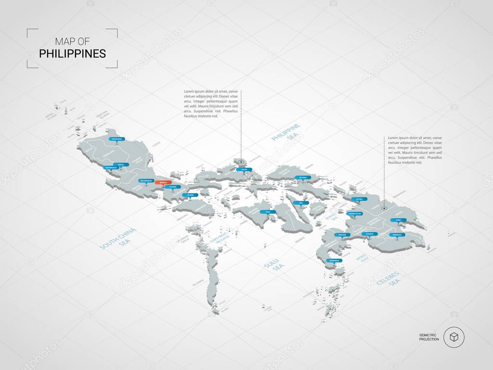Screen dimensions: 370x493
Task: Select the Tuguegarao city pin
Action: pos(117,139)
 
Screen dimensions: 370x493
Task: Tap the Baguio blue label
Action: pos(114,164)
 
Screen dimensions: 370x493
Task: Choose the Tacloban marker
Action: pos(302,178)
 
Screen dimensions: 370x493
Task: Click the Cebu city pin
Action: pos(301,203)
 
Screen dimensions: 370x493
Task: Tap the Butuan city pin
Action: pos(359,199)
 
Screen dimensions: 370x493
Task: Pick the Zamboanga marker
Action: pos(333,260)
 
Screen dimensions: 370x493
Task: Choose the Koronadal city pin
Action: pos(397,235)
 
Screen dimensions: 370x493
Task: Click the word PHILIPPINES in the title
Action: pos(72,53)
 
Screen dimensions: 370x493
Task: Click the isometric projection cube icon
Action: pos(454,337)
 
